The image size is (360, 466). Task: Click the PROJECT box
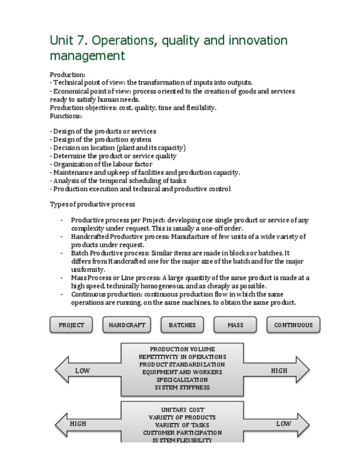pyautogui.click(x=71, y=325)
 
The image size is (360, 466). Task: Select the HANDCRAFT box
pyautogui.click(x=127, y=325)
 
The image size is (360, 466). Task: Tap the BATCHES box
pyautogui.click(x=182, y=325)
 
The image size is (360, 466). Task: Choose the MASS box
pyautogui.click(x=235, y=325)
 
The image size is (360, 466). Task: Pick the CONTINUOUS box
pyautogui.click(x=293, y=325)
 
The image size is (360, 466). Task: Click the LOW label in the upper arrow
pyautogui.click(x=82, y=371)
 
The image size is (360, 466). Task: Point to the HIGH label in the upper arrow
pyautogui.click(x=279, y=371)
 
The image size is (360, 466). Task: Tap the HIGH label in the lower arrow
pyautogui.click(x=78, y=424)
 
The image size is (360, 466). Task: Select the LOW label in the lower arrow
pyautogui.click(x=284, y=424)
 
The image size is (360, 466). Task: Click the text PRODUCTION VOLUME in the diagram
pyautogui.click(x=182, y=349)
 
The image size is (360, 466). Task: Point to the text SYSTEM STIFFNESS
pyautogui.click(x=182, y=387)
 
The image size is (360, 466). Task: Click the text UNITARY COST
pyautogui.click(x=182, y=410)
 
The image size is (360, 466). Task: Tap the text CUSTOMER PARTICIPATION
pyautogui.click(x=182, y=433)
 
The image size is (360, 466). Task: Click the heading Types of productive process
pyautogui.click(x=92, y=204)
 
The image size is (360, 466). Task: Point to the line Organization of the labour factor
pyautogui.click(x=101, y=164)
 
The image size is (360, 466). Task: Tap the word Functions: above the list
pyautogui.click(x=66, y=116)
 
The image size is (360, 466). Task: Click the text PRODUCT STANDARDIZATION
pyautogui.click(x=182, y=364)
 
